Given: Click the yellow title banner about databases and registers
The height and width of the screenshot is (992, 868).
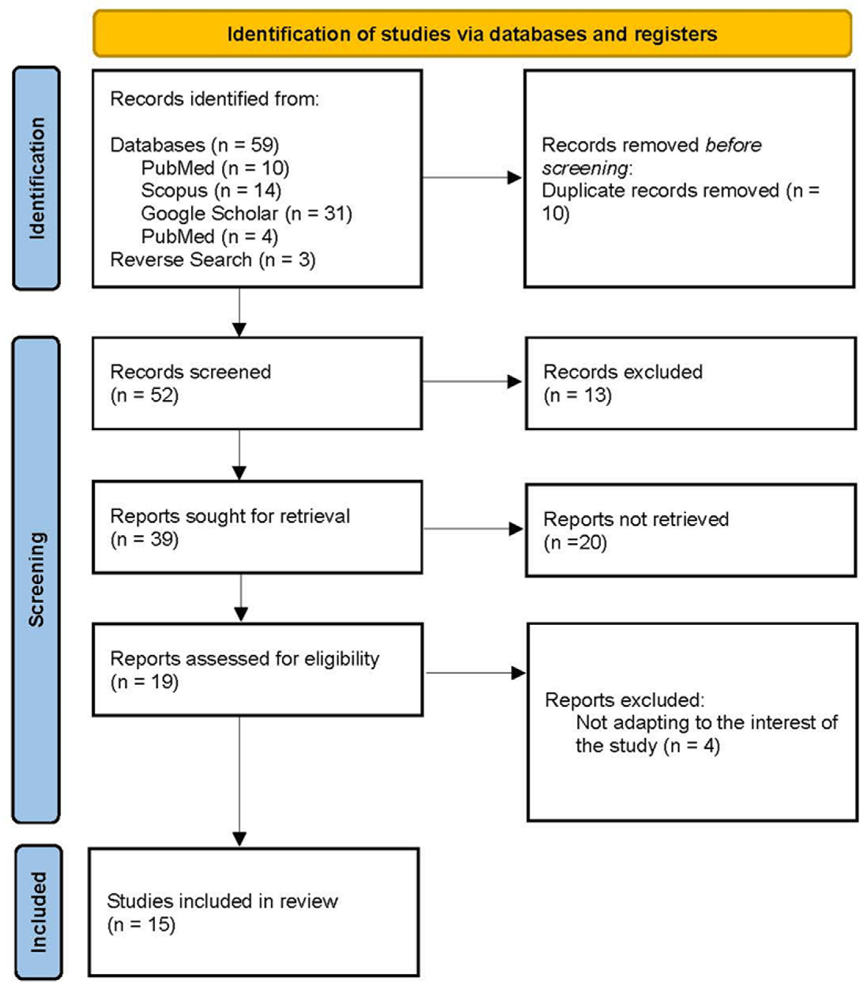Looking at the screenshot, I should [x=472, y=34].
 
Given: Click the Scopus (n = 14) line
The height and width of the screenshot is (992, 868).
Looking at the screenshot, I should [x=211, y=190].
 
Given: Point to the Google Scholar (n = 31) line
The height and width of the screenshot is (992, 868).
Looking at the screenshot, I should [x=246, y=213].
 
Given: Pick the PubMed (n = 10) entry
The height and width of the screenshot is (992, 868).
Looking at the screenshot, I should [x=215, y=168].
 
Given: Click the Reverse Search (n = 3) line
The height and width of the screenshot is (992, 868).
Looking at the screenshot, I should [x=213, y=260].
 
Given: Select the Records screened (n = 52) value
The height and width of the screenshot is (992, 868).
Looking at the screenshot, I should [x=144, y=395].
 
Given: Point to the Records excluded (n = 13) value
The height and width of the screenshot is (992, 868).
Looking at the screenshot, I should [x=577, y=395].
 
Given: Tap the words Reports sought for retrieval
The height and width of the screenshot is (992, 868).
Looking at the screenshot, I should [x=230, y=516].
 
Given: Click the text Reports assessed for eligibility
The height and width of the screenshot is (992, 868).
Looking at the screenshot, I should [x=245, y=659].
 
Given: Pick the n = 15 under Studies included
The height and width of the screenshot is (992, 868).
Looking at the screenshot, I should [x=141, y=925].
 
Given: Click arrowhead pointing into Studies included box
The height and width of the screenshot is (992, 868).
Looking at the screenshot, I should [x=239, y=839].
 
